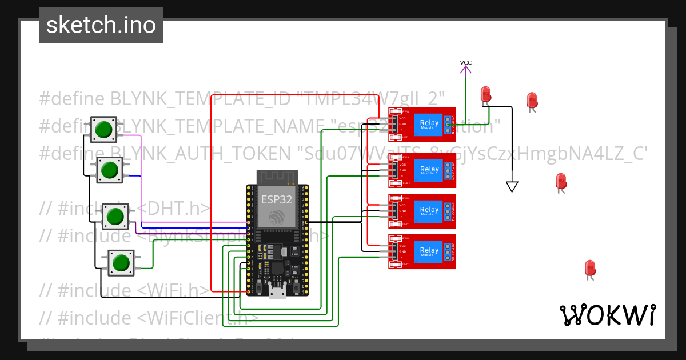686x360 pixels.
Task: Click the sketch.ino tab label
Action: click(x=101, y=25)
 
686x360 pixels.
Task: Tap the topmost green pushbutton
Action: click(x=103, y=129)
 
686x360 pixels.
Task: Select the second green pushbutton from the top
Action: click(x=109, y=170)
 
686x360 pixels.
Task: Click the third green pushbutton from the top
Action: click(x=115, y=217)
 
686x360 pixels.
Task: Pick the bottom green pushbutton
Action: click(x=120, y=262)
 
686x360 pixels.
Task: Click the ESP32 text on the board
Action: click(x=277, y=199)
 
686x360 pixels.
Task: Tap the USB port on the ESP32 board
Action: click(x=278, y=292)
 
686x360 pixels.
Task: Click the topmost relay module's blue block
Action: click(x=429, y=124)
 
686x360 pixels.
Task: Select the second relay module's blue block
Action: click(x=429, y=170)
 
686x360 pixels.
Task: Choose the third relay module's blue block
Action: click(x=429, y=211)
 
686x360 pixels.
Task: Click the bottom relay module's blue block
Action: click(x=429, y=251)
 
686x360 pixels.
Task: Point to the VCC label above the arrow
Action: click(x=466, y=63)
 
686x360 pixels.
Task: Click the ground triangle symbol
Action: click(x=512, y=186)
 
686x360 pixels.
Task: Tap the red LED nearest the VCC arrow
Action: click(x=486, y=94)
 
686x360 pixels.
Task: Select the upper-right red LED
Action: click(x=532, y=100)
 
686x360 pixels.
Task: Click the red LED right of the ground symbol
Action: click(x=561, y=181)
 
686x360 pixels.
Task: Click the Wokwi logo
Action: click(x=607, y=315)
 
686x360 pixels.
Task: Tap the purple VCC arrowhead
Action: click(x=466, y=70)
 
